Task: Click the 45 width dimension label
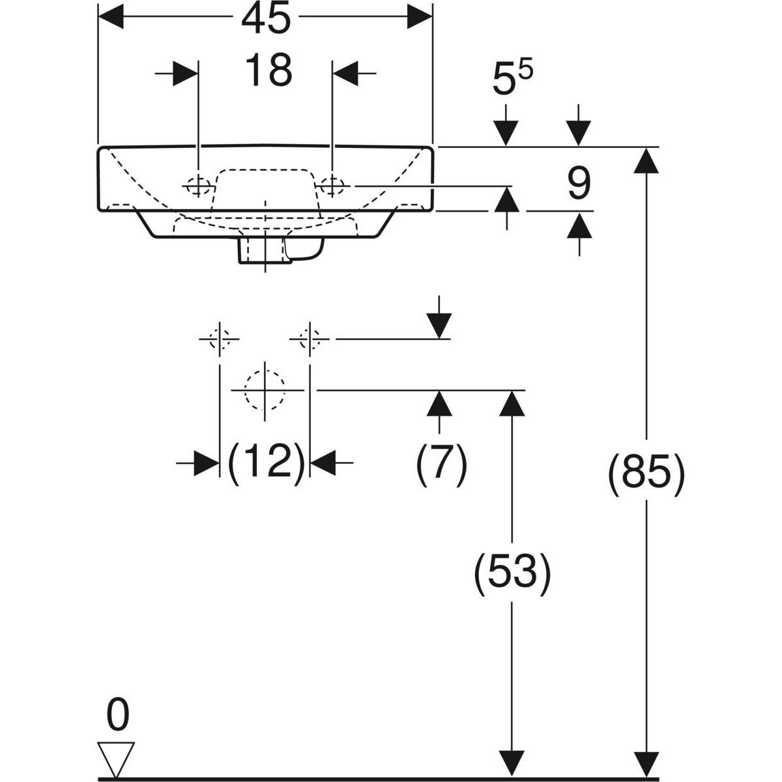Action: pyautogui.click(x=265, y=19)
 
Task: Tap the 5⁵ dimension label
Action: pyautogui.click(x=513, y=82)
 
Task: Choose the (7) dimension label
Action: pyautogui.click(x=441, y=463)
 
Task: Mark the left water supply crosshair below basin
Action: pyautogui.click(x=220, y=339)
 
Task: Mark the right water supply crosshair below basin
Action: pyautogui.click(x=310, y=339)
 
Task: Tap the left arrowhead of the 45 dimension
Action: pyautogui.click(x=111, y=17)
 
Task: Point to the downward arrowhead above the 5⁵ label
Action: pyautogui.click(x=506, y=134)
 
